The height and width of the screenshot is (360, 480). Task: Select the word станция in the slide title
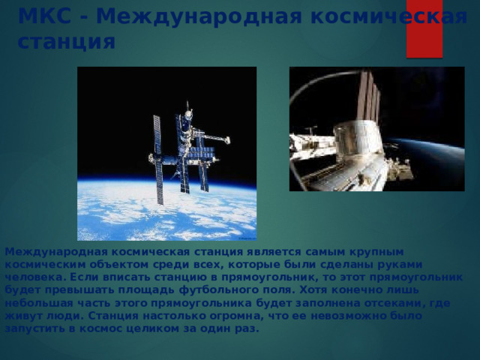pyautogui.click(x=66, y=42)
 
